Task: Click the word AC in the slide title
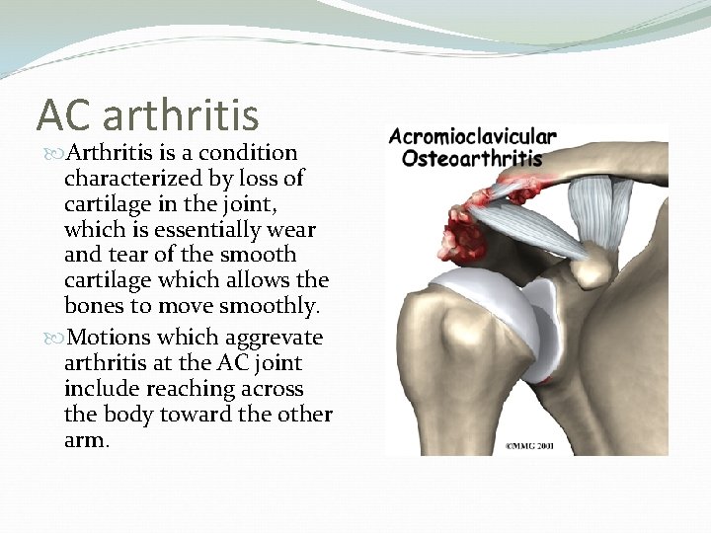click(x=63, y=114)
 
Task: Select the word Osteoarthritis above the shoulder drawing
click(x=472, y=157)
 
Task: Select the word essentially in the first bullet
click(x=198, y=230)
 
